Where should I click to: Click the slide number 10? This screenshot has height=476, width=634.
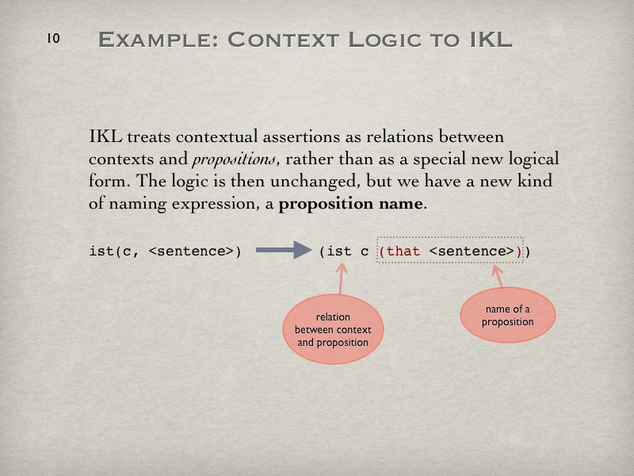point(53,38)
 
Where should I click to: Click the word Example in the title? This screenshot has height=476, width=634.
point(158,40)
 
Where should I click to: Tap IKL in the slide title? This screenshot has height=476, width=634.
point(491,40)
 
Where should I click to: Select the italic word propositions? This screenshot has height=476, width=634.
point(235,159)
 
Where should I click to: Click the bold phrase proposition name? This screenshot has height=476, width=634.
point(350,203)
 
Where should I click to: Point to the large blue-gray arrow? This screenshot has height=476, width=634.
point(284,250)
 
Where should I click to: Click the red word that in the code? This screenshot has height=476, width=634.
point(403,251)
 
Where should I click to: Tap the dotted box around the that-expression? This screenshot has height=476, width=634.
point(449,237)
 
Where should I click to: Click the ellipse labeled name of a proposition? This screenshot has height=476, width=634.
point(508,315)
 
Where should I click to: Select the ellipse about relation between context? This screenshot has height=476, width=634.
point(333,329)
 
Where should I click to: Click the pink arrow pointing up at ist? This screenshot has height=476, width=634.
point(342,279)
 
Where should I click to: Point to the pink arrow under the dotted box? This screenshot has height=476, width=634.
point(498,277)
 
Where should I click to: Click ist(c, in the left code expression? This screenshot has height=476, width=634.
point(114,251)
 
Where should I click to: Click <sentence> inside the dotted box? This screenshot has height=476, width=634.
point(472,251)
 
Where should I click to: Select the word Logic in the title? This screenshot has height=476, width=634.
point(385,40)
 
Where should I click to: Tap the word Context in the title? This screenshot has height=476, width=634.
point(284,40)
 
